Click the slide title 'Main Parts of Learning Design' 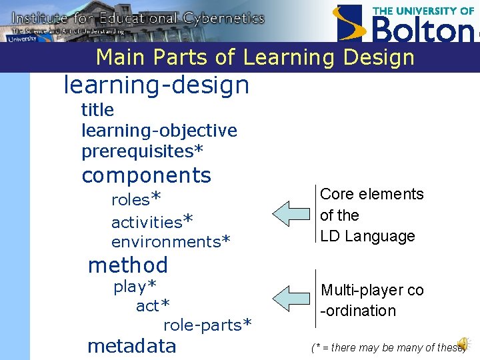click(255, 57)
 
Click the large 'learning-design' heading click(156, 85)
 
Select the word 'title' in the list click(97, 110)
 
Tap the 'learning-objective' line click(159, 131)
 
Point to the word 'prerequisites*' click(142, 151)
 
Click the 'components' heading click(146, 175)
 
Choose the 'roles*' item click(136, 199)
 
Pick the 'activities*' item click(152, 221)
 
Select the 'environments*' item click(171, 241)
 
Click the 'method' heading click(128, 265)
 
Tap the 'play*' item click(135, 287)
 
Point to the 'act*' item click(153, 305)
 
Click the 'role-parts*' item click(207, 325)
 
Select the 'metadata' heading click(132, 346)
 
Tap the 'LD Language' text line click(367, 236)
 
